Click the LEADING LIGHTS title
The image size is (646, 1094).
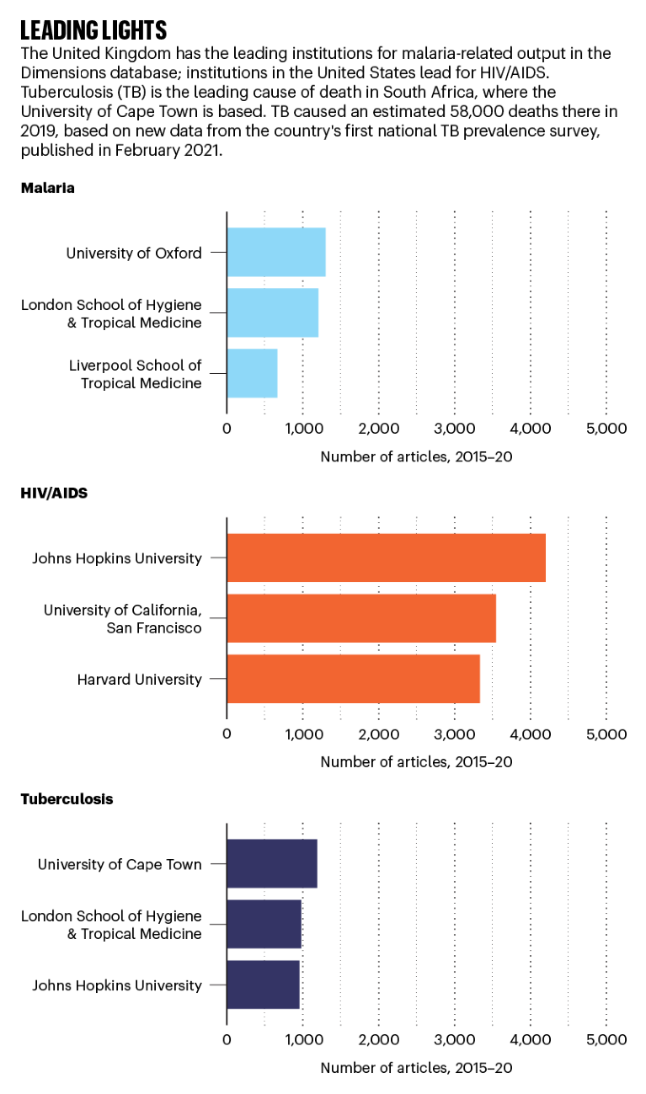(x=93, y=31)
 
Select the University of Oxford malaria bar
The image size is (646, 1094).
(x=276, y=252)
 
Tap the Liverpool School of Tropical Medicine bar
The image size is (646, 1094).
(x=252, y=373)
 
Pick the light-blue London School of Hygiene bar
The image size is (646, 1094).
(x=272, y=312)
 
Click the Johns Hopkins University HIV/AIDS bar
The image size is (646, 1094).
(x=386, y=558)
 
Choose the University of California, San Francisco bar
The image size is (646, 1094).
(x=361, y=618)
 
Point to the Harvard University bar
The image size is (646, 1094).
(x=353, y=679)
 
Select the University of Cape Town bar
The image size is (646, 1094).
(x=272, y=863)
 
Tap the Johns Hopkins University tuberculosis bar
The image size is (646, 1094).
(x=263, y=985)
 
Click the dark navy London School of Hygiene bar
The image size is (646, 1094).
(x=264, y=924)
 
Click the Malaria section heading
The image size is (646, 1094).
(x=48, y=188)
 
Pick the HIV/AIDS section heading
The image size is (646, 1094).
(x=54, y=494)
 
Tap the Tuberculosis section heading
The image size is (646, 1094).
(x=67, y=799)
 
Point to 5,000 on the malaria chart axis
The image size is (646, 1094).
(x=606, y=428)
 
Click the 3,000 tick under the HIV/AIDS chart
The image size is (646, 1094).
(x=455, y=734)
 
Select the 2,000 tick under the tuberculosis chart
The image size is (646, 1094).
(x=378, y=1039)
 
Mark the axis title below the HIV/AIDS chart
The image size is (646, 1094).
(x=416, y=762)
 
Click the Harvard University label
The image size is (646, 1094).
(x=139, y=679)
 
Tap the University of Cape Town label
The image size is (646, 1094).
(x=120, y=863)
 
